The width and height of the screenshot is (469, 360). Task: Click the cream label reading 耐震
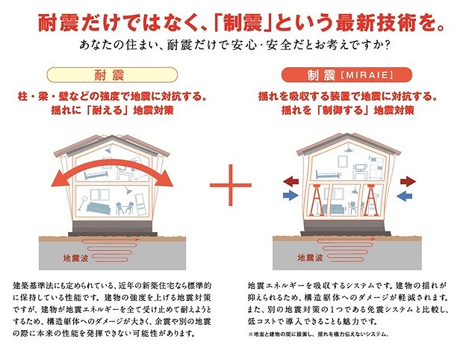(x=112, y=75)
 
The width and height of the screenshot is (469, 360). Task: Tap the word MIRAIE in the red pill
(x=367, y=75)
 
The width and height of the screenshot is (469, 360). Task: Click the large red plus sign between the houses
(x=231, y=185)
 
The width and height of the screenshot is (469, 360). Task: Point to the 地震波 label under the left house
(x=76, y=258)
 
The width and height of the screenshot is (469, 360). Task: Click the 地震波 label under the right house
(x=310, y=258)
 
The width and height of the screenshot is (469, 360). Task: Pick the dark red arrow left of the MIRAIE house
(x=291, y=181)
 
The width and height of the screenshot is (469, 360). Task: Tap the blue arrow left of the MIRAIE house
(x=291, y=196)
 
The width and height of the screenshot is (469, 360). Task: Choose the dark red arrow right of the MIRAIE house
(x=408, y=181)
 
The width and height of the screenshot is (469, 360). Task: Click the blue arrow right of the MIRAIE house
(x=404, y=196)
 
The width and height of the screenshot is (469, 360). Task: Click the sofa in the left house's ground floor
(x=99, y=208)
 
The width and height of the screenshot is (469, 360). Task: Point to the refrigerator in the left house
(x=140, y=205)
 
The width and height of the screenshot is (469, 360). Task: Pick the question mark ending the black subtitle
(x=387, y=46)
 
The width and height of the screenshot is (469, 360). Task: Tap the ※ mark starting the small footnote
(x=250, y=335)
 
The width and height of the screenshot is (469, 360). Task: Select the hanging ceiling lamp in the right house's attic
(x=348, y=148)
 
